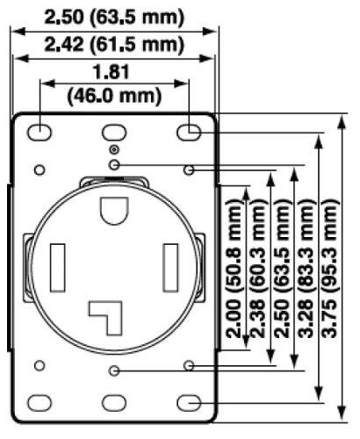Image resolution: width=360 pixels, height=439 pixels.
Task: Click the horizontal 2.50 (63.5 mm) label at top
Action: point(114,17)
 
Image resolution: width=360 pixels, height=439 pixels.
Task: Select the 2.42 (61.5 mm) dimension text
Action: point(114,43)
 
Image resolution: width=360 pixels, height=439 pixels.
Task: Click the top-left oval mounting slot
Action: point(40,132)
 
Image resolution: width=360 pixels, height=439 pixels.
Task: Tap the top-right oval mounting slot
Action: point(190,132)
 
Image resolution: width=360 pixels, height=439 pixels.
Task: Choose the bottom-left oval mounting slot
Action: point(40,402)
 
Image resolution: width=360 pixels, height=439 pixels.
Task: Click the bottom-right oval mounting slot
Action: point(190,402)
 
